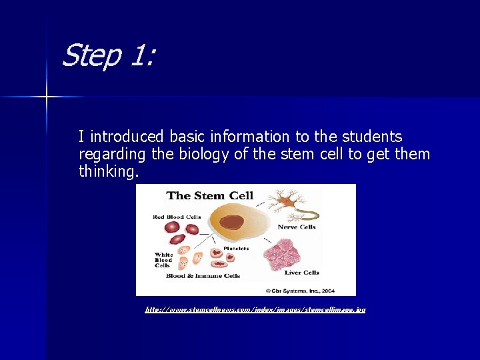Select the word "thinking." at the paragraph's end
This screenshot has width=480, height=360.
pos(109,172)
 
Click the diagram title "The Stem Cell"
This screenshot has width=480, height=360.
pos(210,195)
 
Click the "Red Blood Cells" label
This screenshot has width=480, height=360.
pos(177,217)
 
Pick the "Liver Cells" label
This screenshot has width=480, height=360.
pos(302,272)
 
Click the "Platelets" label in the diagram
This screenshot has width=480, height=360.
pos(235,248)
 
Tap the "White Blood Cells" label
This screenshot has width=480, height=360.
pos(163,260)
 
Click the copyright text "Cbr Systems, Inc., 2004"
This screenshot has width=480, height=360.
pos(309,290)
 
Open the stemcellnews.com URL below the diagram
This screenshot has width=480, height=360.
pos(255,309)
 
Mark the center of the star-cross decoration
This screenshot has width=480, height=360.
pos(47,97)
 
